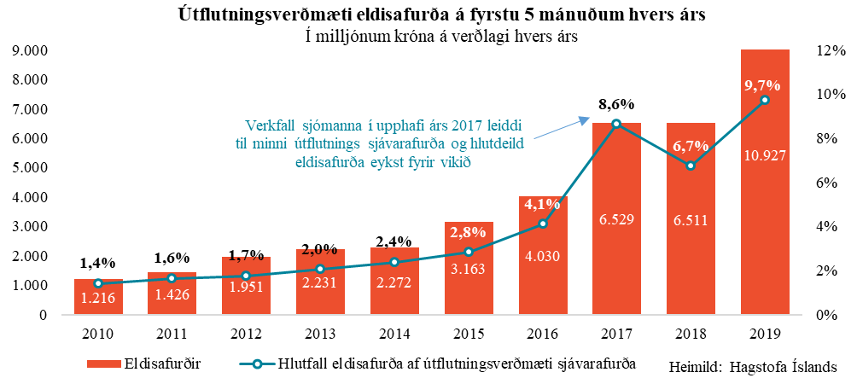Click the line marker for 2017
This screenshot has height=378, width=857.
pyautogui.click(x=616, y=125)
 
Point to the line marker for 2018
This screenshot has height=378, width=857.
pyautogui.click(x=691, y=166)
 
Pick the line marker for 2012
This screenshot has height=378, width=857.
pyautogui.click(x=247, y=276)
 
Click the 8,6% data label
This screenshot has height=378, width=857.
pyautogui.click(x=615, y=105)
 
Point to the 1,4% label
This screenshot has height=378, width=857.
pyautogui.click(x=98, y=263)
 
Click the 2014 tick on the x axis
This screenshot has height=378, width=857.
pyautogui.click(x=394, y=331)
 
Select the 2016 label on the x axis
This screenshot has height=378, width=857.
pyautogui.click(x=542, y=331)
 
